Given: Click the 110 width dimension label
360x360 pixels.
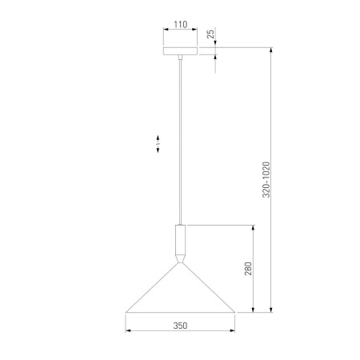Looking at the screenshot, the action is (181, 24).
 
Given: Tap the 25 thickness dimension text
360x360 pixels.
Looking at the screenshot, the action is (210, 34).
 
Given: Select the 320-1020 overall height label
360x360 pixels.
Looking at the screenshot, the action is (266, 179).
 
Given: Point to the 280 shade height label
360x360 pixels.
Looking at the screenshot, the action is (248, 269).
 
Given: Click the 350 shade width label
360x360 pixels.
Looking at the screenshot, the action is (180, 326).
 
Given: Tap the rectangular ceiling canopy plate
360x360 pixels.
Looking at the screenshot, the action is (181, 51).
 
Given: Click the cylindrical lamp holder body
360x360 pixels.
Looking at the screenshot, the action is (180, 240).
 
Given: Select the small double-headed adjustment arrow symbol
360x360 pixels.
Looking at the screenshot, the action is (158, 144).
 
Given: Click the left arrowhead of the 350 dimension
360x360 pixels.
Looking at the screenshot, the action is (128, 330).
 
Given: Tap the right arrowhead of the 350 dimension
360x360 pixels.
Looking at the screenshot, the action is (232, 330).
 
